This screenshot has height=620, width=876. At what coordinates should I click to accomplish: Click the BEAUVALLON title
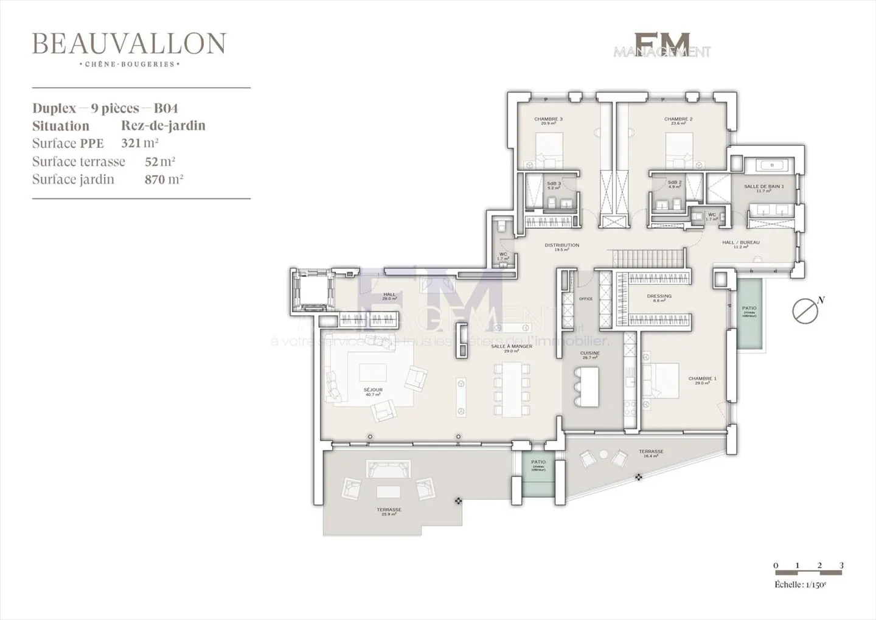point(129,43)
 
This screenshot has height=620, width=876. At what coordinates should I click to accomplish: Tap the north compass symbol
point(805,310)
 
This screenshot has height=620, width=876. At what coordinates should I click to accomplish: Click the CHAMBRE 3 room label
point(548,119)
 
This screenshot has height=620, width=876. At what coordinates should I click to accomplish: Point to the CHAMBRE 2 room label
point(678,119)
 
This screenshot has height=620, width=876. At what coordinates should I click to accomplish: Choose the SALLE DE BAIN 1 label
point(763,187)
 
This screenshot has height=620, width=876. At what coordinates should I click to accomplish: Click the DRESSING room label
point(659,296)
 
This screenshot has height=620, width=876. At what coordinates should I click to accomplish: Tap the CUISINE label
point(589,354)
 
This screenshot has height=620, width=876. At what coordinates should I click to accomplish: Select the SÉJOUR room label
point(373,390)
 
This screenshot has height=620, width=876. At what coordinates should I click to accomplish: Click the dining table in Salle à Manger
point(512,389)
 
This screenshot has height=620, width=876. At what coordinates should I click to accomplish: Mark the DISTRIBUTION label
point(561,246)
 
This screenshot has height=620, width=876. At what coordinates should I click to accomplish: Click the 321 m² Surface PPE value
point(140,144)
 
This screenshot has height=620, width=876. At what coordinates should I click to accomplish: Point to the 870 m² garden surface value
point(164,179)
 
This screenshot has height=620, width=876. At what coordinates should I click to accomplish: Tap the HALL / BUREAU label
point(740,243)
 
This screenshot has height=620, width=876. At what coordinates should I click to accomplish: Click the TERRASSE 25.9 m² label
point(389,510)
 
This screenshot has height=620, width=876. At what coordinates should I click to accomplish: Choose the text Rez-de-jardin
point(163,126)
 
